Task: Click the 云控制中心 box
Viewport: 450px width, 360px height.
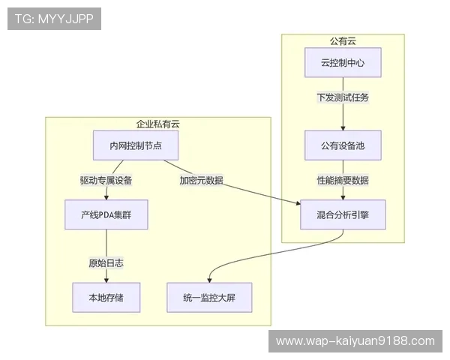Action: tap(343, 63)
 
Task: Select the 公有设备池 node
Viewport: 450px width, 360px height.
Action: tap(343, 145)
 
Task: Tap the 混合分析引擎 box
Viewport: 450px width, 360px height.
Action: tap(343, 214)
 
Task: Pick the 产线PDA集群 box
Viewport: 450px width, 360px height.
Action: tap(106, 214)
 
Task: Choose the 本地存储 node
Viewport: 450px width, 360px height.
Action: tap(106, 298)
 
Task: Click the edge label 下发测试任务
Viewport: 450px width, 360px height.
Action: tap(343, 97)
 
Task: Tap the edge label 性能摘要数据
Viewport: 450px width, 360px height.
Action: tap(343, 180)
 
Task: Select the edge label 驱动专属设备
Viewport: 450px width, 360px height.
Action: tap(106, 180)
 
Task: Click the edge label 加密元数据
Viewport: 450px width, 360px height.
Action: tap(201, 180)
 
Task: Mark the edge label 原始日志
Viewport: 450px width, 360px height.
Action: tap(106, 262)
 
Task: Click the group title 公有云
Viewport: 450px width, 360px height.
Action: tap(343, 40)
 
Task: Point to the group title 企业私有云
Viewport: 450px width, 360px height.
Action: tap(157, 124)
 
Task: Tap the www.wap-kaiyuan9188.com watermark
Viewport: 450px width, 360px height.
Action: tap(355, 341)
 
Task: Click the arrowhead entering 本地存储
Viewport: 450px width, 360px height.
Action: tap(106, 280)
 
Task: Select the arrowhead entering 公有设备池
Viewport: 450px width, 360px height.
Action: tap(343, 128)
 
